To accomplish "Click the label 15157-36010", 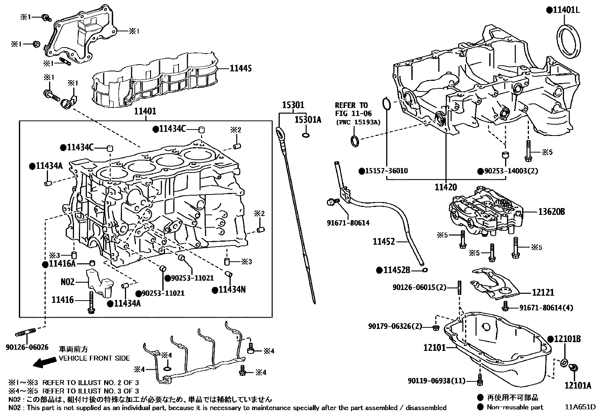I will (x=386, y=171).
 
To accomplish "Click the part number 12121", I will (x=544, y=292).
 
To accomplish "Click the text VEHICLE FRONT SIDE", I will (x=94, y=358).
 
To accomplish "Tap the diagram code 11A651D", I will (x=580, y=407).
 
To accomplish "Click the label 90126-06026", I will (x=27, y=347).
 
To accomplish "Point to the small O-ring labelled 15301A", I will (x=306, y=135).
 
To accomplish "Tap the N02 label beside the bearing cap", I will (x=68, y=282).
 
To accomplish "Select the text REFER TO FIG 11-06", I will (x=353, y=109).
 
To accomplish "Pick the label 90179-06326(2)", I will (x=395, y=326).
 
